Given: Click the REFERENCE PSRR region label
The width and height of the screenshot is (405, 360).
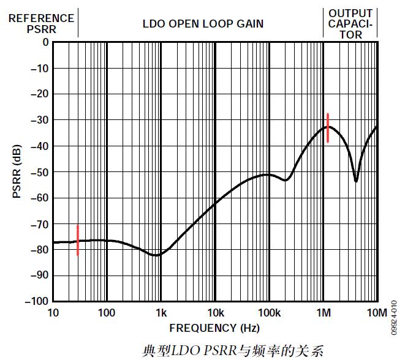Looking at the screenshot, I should tap(41, 23).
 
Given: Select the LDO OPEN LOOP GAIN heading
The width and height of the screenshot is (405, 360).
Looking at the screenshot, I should tap(203, 24).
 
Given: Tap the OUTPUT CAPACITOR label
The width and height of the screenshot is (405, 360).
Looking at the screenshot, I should tap(350, 24).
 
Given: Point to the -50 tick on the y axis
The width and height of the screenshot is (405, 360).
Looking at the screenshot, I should tap(39, 171).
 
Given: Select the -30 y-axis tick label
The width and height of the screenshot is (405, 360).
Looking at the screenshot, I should tap(39, 120).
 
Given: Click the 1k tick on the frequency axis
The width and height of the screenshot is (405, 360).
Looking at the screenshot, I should tap(161, 313).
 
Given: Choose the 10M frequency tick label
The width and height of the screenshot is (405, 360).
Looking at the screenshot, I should tap(377, 313).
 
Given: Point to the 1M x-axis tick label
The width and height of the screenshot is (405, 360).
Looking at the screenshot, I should tap(323, 313).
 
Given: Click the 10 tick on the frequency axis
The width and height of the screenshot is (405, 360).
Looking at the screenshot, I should tap(53, 313).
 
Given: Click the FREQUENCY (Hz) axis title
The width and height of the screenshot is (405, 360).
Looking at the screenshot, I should tap(214, 328).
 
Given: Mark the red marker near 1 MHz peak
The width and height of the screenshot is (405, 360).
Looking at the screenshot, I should tap(328, 128).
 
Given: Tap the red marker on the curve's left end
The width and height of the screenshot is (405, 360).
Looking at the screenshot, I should tap(78, 241).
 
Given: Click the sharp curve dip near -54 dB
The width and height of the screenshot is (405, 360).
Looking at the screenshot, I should tap(356, 181).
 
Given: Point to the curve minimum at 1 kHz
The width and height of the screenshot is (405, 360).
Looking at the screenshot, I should tap(158, 255).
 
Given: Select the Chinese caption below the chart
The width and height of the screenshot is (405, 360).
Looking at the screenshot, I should tap(232, 351).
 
